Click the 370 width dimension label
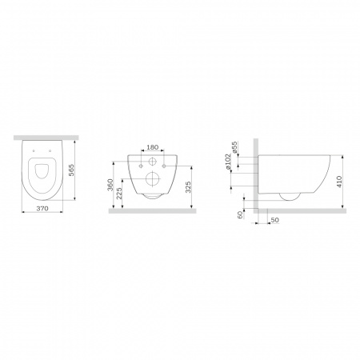[42, 208]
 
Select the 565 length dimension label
[71, 170]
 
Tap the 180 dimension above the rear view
[153, 147]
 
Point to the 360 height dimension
[110, 185]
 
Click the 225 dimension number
[119, 194]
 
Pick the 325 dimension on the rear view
[188, 187]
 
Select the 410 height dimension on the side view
[339, 182]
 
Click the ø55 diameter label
[234, 147]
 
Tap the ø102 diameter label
[227, 162]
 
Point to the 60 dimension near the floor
[240, 214]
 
